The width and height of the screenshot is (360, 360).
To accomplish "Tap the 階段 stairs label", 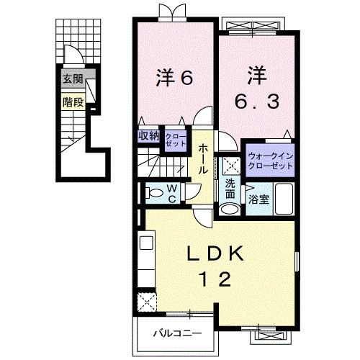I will (x=73, y=102).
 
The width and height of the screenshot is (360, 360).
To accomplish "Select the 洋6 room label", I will (x=174, y=78).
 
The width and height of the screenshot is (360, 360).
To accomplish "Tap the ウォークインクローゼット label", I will (x=270, y=161).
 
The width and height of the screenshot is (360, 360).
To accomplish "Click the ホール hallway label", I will (x=204, y=158).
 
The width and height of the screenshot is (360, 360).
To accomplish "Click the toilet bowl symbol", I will (x=152, y=192).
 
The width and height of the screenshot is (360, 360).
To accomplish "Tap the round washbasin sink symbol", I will (x=229, y=209).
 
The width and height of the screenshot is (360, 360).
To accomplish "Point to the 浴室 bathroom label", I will (x=260, y=199).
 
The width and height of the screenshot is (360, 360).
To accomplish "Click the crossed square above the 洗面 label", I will (x=230, y=165).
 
